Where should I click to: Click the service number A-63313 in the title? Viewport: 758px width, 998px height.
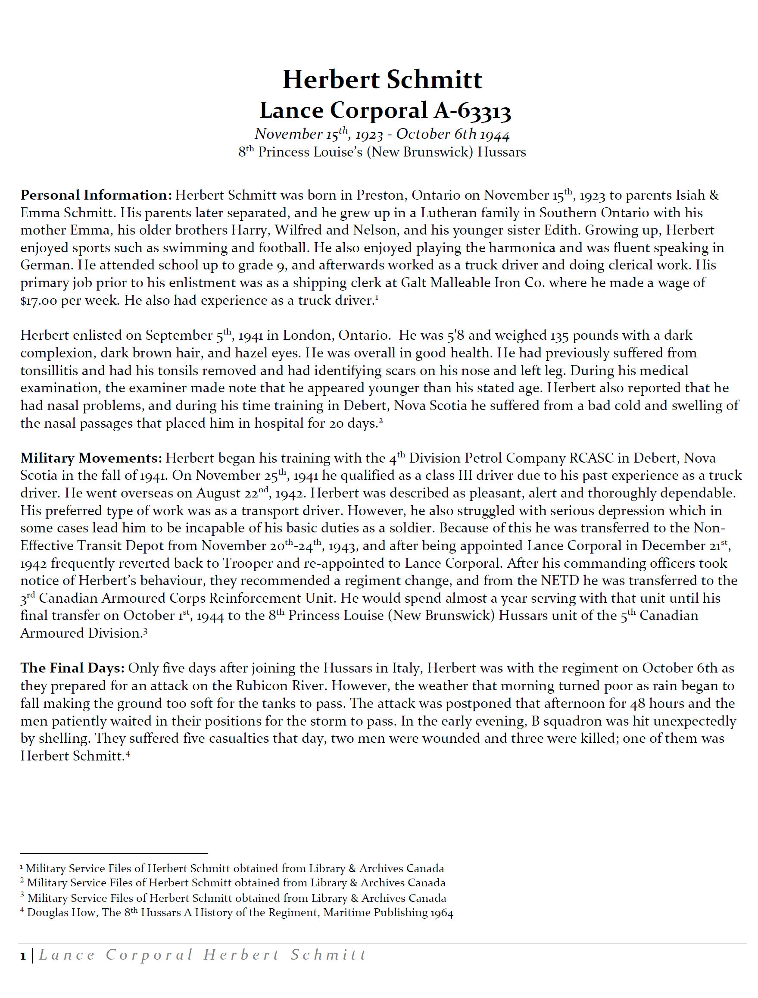472,111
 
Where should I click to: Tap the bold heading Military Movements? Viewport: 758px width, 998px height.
91,458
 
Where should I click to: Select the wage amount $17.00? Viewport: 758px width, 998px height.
39,300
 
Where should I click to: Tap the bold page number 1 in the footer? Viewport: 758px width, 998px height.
23,956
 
